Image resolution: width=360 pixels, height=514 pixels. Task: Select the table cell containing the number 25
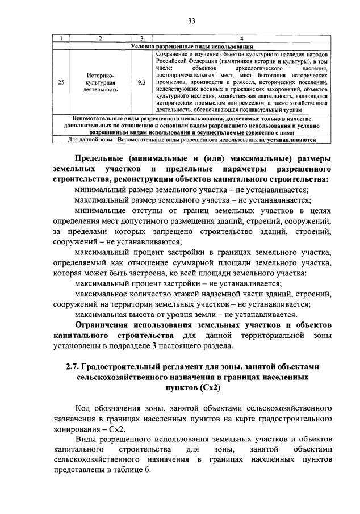pyautogui.click(x=61, y=82)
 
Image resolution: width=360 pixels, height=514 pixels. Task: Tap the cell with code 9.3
pyautogui.click(x=141, y=82)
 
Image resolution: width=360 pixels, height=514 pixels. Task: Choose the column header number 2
pyautogui.click(x=100, y=39)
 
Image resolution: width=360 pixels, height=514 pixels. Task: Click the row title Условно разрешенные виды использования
pyautogui.click(x=192, y=45)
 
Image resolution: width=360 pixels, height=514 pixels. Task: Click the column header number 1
pyautogui.click(x=61, y=39)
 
